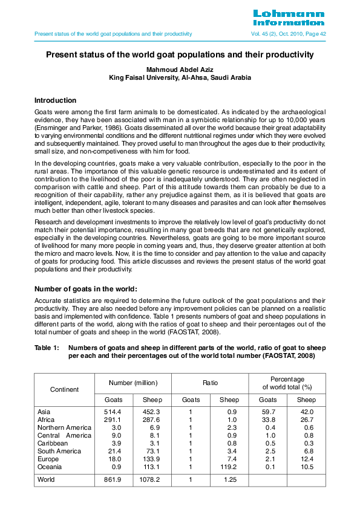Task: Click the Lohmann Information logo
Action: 289,18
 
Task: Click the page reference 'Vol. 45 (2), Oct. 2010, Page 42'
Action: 289,34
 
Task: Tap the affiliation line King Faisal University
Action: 180,78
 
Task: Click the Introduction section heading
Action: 55,100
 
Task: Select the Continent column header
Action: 64,389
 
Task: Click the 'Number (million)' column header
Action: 133,383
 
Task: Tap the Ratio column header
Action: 210,383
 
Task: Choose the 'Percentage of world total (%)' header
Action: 287,383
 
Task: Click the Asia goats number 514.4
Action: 114,412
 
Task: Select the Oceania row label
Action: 50,467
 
